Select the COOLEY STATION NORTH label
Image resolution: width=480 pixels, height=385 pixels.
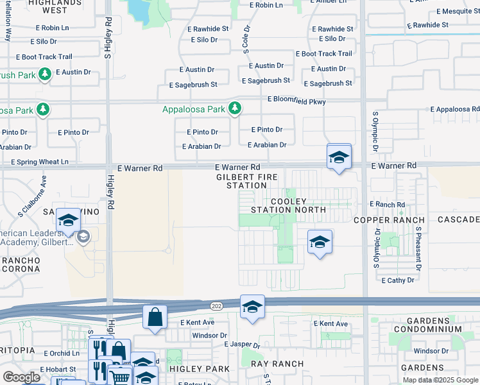pos(289,205)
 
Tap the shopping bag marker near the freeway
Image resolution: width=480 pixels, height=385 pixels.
pos(155,316)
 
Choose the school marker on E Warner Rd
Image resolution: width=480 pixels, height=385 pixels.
pos(339,157)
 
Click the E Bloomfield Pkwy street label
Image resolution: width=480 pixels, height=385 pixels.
pos(296,101)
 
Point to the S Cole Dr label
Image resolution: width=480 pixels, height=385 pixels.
pos(246,40)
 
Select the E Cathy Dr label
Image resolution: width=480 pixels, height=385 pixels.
pos(401,280)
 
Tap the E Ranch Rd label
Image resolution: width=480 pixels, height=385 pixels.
pos(387,205)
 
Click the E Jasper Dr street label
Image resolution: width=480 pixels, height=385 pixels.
pos(242,345)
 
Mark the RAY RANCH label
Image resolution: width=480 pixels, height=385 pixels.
pos(277,364)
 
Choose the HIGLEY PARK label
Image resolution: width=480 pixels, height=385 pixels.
pos(199,369)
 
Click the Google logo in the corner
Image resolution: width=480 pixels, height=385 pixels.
pos(22,377)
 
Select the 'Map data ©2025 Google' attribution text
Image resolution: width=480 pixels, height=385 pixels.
pos(440,380)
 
